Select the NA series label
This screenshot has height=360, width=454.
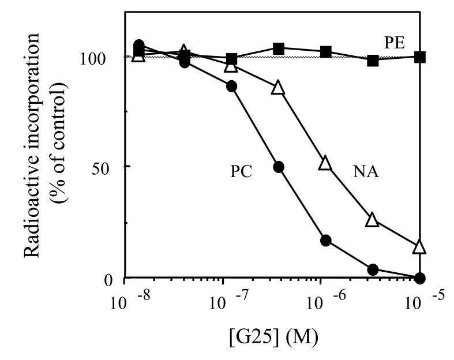(x=365, y=172)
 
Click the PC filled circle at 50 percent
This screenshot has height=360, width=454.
(x=279, y=167)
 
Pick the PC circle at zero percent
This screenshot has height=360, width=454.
(x=420, y=278)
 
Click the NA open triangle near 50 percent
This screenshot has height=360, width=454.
(x=325, y=163)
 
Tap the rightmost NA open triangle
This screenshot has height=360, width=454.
(x=420, y=246)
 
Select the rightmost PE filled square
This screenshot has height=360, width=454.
(x=421, y=57)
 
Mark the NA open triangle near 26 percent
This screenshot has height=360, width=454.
(x=373, y=220)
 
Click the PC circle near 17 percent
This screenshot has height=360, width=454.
(x=325, y=241)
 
